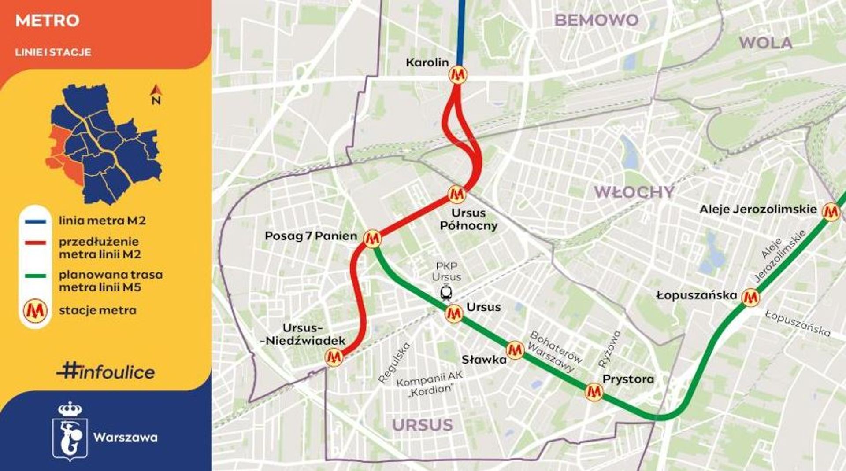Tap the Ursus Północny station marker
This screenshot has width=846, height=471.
pyautogui.click(x=456, y=194)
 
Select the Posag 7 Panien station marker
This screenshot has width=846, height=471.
pyautogui.click(x=373, y=238)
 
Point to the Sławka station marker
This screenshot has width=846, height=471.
pyautogui.click(x=515, y=350)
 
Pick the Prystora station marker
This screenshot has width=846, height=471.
pyautogui.click(x=594, y=391)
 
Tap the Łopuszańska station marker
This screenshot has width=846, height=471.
pyautogui.click(x=750, y=298)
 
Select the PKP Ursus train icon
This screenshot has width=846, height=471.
pyautogui.click(x=446, y=292)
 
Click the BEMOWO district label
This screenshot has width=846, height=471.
pyautogui.click(x=596, y=20)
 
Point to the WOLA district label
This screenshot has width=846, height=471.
pyautogui.click(x=765, y=43)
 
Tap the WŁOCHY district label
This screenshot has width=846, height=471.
pyautogui.click(x=634, y=192)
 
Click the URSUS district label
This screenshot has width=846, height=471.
pyautogui.click(x=423, y=425)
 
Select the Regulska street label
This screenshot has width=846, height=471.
pyautogui.click(x=394, y=362)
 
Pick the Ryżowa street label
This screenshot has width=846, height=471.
pyautogui.click(x=609, y=349)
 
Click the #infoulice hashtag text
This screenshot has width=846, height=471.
pyautogui.click(x=106, y=372)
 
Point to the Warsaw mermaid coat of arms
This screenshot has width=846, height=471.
pyautogui.click(x=70, y=431)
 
